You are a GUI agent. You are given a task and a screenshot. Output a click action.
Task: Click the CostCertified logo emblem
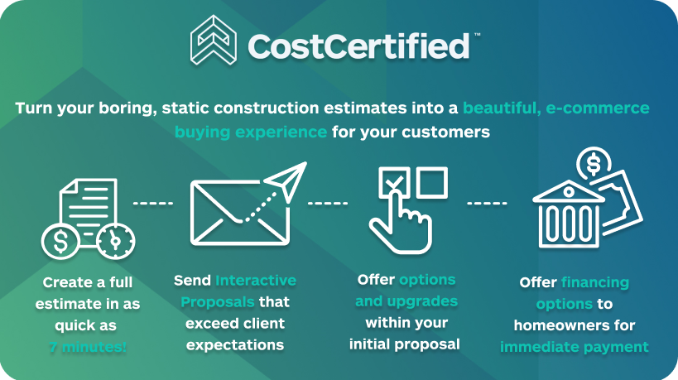tap(214, 41)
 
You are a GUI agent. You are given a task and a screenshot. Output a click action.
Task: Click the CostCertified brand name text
tap(358, 46)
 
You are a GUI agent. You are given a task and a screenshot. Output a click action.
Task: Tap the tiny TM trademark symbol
tap(478, 35)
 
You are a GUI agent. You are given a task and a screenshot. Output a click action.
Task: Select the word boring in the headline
tap(127, 108)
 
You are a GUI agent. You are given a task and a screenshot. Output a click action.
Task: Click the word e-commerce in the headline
tap(598, 108)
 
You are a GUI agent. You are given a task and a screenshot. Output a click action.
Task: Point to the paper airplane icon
tap(286, 181)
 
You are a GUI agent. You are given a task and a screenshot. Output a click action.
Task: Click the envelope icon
tap(240, 213)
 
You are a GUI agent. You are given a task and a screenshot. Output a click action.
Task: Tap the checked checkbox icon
tap(394, 182)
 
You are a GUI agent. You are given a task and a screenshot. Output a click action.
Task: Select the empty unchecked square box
tap(432, 182)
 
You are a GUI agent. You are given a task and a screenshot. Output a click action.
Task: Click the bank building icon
tap(568, 215)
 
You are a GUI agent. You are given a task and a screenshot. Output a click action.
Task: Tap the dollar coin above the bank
tap(594, 164)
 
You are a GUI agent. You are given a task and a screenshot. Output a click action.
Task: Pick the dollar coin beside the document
tap(60, 241)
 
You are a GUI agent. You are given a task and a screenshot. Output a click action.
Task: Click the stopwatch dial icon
tap(115, 241)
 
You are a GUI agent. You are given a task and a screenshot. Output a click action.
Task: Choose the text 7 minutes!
tap(88, 347)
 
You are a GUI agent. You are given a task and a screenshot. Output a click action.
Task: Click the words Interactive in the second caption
tap(256, 281)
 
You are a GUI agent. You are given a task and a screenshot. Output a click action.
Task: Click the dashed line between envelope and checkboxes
tap(328, 203)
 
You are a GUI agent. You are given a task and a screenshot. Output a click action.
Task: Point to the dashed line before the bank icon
tap(487, 203)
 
